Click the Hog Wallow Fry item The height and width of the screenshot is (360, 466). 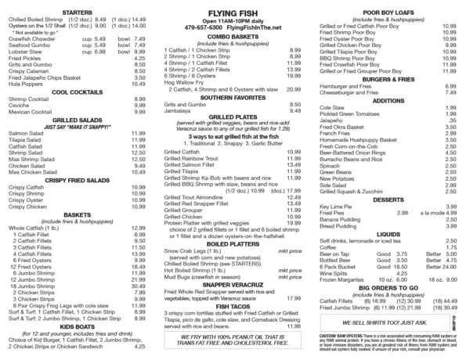coord(183,82)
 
